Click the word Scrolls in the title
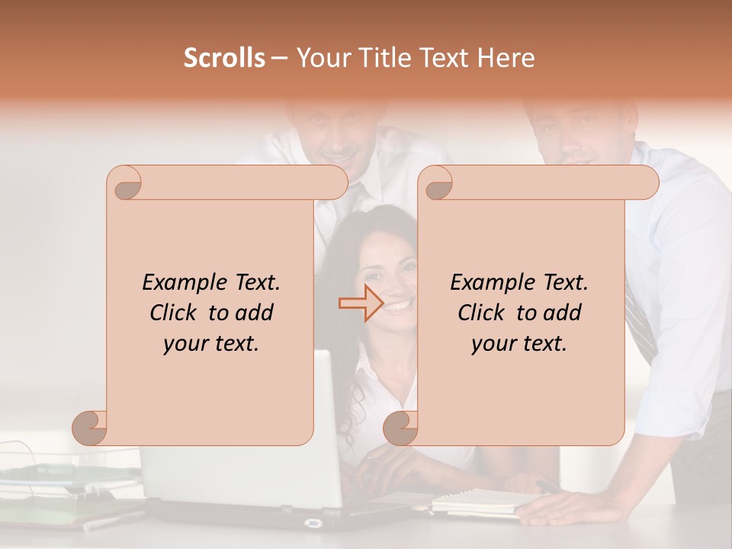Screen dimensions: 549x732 point(224,58)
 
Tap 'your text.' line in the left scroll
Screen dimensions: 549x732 point(211,344)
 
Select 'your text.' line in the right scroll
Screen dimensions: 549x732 point(519,344)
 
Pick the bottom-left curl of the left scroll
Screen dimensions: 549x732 point(90,427)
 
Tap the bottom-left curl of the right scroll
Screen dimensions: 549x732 point(401,427)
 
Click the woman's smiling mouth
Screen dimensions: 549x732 point(400,307)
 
